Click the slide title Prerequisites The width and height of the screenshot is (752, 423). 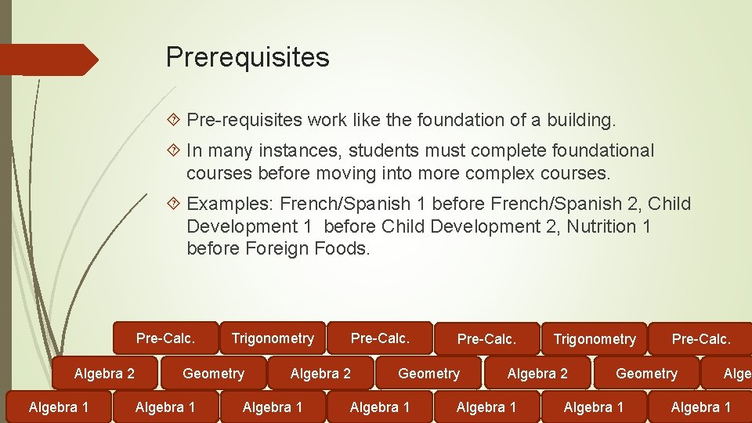pyautogui.click(x=248, y=57)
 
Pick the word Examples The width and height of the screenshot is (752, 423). pyautogui.click(x=230, y=204)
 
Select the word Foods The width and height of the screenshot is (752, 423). pyautogui.click(x=341, y=249)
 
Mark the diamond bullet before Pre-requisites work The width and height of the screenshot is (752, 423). pyautogui.click(x=175, y=121)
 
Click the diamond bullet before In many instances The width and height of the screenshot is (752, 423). pyautogui.click(x=175, y=150)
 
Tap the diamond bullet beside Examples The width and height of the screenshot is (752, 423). pyautogui.click(x=175, y=204)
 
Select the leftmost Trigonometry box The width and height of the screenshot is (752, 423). pyautogui.click(x=273, y=338)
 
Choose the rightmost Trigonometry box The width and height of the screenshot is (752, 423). pyautogui.click(x=595, y=339)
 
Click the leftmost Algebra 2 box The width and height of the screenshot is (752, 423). pyautogui.click(x=104, y=374)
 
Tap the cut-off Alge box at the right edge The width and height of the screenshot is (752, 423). pyautogui.click(x=737, y=374)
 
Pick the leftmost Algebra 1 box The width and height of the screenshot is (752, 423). pyautogui.click(x=58, y=407)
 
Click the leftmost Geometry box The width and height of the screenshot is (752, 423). pyautogui.click(x=213, y=374)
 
